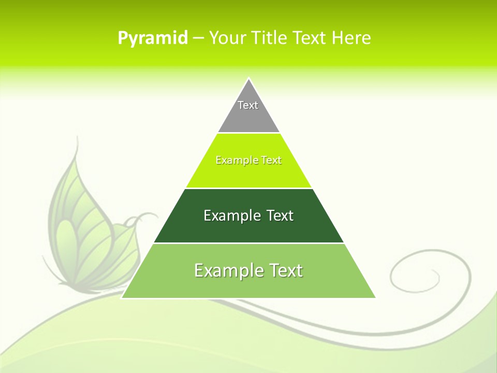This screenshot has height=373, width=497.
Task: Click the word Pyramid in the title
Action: click(152, 38)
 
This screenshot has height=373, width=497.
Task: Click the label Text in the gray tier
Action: click(248, 105)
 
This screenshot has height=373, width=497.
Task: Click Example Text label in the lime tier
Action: click(248, 160)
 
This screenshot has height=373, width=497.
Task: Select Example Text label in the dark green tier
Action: click(248, 216)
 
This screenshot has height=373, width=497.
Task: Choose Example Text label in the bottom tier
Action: click(248, 270)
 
